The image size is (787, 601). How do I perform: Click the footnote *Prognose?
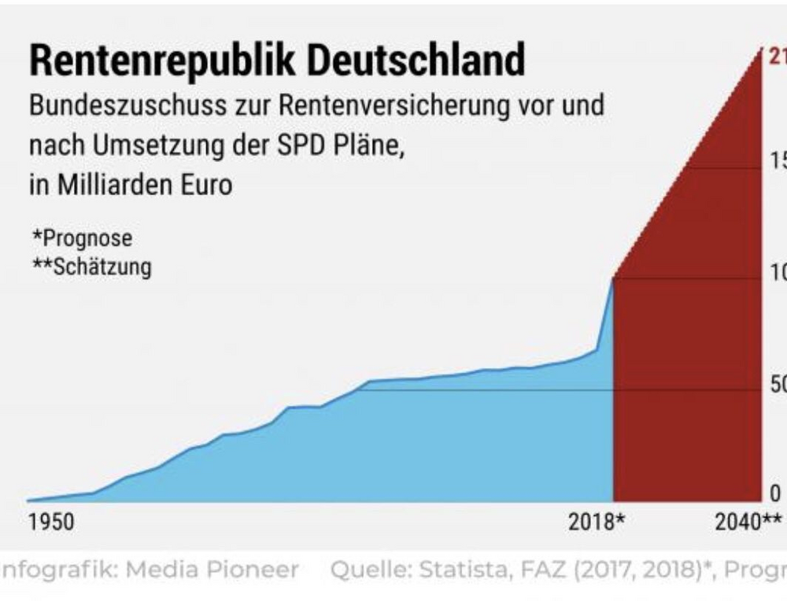coord(82,238)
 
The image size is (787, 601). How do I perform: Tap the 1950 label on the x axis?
coord(51,522)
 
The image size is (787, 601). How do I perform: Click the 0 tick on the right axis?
coord(775,493)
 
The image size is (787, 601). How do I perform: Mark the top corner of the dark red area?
coord(760,50)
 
